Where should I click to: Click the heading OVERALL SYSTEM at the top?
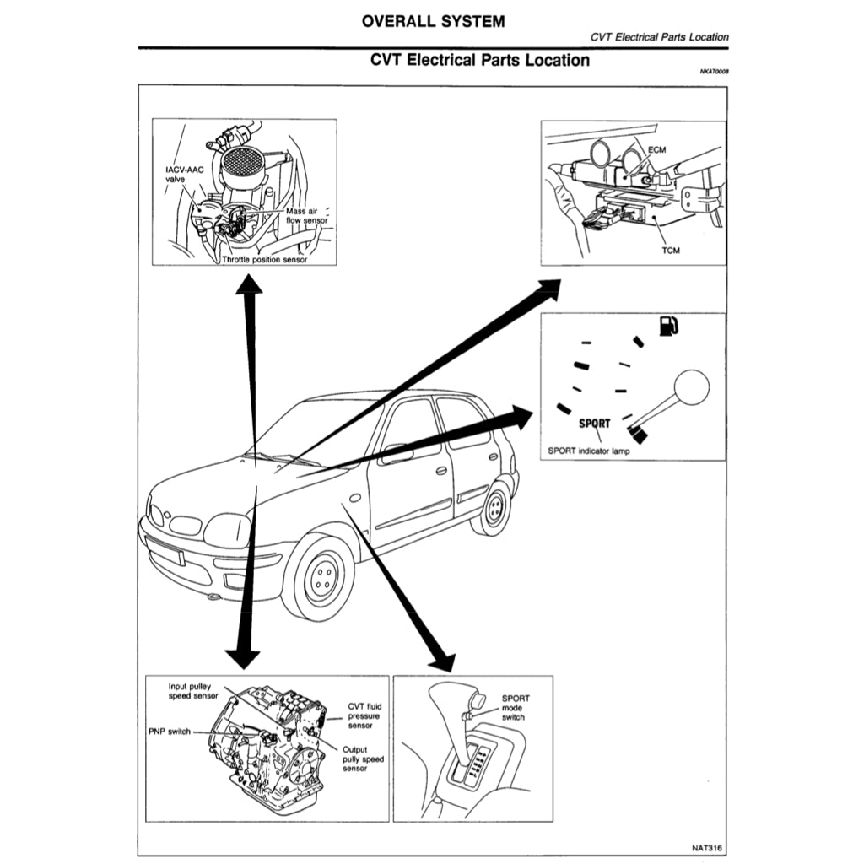click(x=433, y=22)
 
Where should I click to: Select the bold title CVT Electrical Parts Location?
click(x=480, y=61)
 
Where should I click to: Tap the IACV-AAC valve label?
click(x=184, y=174)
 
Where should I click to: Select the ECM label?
click(x=658, y=149)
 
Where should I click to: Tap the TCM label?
click(x=670, y=250)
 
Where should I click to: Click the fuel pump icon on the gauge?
click(x=667, y=326)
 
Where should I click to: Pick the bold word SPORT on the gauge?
click(x=596, y=424)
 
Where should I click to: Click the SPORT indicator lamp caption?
click(x=589, y=451)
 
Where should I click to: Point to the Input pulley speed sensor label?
click(x=193, y=692)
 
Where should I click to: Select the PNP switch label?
click(x=168, y=732)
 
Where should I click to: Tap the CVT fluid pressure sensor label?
click(x=366, y=716)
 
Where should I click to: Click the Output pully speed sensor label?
click(x=363, y=759)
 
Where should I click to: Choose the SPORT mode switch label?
click(x=515, y=708)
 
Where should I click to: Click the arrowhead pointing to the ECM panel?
click(x=548, y=287)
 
